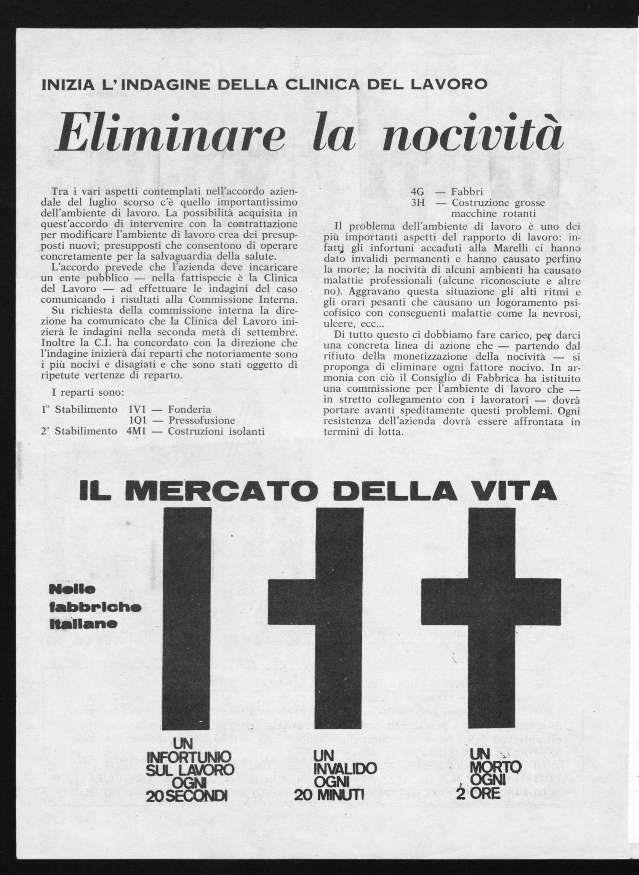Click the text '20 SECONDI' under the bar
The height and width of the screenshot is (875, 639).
pos(187,797)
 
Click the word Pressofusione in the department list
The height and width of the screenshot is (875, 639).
pos(202,420)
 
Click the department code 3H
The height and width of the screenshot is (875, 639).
pos(418,203)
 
